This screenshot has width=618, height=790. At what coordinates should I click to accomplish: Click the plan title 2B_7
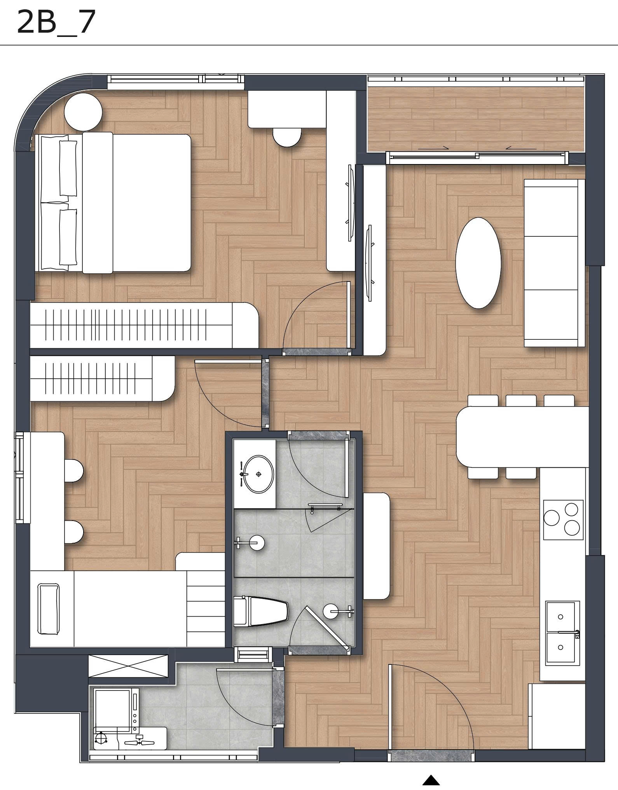(x=56, y=23)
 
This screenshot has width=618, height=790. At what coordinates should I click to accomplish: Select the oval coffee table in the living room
(x=478, y=263)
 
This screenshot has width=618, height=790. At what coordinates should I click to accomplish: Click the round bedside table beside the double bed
(x=83, y=112)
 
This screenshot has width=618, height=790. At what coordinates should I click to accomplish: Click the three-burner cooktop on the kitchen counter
(x=563, y=519)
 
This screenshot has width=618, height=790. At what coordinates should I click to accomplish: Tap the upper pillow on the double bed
(x=68, y=168)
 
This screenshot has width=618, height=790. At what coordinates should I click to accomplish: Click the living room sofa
(x=554, y=262)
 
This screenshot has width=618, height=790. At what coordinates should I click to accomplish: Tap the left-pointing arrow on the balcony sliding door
(x=521, y=148)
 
